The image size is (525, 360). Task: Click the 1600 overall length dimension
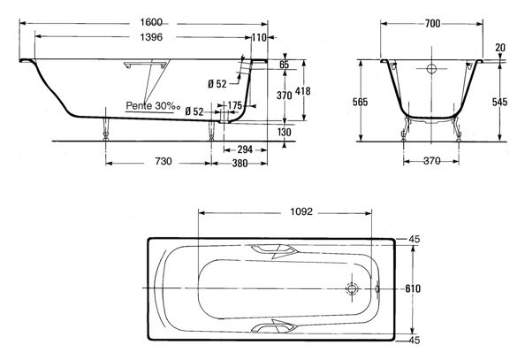click(151, 22)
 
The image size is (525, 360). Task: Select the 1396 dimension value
click(151, 37)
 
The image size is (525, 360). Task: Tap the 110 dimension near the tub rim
click(259, 37)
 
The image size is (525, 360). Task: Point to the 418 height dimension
click(303, 91)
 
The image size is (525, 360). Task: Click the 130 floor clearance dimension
click(285, 132)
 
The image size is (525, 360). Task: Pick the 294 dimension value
click(245, 149)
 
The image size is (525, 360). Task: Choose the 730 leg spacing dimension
click(163, 161)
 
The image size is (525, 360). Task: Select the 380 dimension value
click(240, 164)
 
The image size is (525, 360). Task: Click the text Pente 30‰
click(153, 106)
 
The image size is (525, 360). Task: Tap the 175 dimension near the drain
click(235, 105)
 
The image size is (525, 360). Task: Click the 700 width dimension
click(432, 24)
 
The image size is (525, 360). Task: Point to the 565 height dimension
click(361, 102)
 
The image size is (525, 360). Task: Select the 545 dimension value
click(500, 102)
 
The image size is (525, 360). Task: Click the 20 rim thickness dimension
click(500, 48)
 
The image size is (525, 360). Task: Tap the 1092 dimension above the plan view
click(301, 211)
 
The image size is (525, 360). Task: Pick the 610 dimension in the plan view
click(413, 288)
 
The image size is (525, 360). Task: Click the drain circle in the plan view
click(353, 288)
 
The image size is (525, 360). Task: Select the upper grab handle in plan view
click(275, 250)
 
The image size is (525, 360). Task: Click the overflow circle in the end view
click(431, 69)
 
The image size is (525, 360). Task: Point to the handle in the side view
click(145, 65)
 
